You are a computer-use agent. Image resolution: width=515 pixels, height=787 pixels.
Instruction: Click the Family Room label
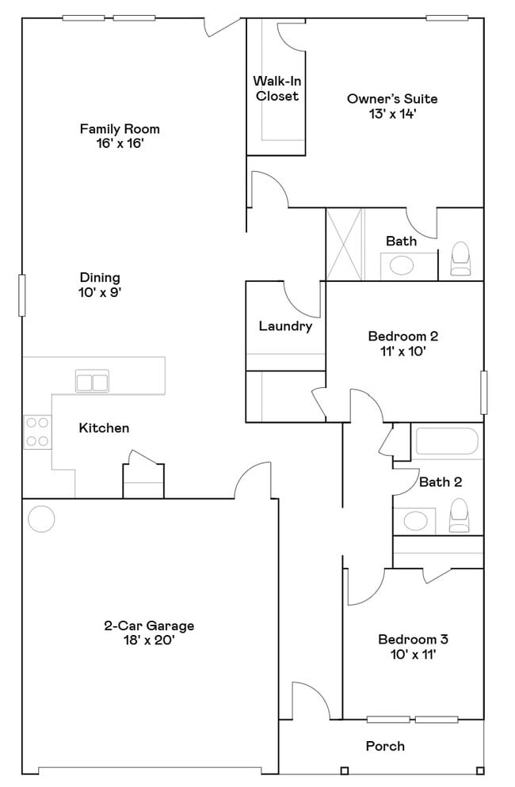coord(120,128)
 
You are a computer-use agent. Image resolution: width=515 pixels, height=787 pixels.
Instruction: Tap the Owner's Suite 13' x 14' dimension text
coord(392,113)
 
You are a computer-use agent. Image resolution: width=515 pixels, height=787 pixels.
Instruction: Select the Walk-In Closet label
coord(277,88)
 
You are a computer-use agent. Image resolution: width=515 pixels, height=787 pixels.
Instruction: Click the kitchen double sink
coord(92,382)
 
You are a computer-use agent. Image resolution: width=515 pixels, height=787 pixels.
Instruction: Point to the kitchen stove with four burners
coord(36,432)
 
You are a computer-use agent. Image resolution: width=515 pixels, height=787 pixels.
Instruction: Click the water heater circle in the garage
coord(41,519)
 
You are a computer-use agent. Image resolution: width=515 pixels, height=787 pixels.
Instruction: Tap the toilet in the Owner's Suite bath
coord(460,260)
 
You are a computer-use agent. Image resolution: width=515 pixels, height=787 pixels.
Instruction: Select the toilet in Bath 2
coord(460,517)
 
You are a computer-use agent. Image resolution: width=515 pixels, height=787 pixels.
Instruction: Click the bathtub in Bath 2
coord(447,443)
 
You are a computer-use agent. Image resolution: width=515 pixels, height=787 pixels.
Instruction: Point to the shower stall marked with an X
coord(345,244)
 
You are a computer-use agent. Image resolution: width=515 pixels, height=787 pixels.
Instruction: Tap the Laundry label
coord(285,325)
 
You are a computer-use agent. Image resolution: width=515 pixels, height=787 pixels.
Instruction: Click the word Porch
coord(385,746)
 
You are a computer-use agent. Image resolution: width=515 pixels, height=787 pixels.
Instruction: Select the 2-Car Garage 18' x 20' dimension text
coord(149,640)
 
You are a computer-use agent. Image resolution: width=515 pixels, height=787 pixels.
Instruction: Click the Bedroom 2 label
coord(403,336)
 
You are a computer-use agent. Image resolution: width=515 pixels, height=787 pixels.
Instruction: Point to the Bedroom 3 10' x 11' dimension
coord(407,654)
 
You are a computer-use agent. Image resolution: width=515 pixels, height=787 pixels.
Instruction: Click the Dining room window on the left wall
coord(22,295)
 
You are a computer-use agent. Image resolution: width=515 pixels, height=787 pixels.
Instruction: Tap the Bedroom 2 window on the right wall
coord(483,390)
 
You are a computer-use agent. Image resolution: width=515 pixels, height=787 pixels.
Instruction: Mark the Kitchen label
coord(104,428)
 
